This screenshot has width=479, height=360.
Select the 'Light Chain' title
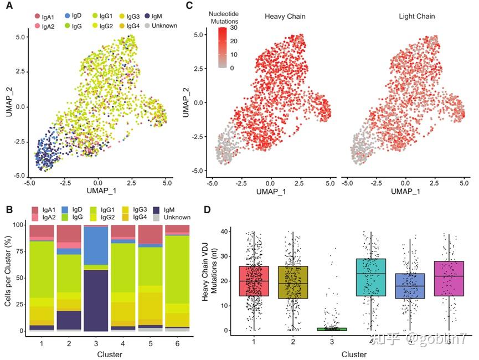416,17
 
